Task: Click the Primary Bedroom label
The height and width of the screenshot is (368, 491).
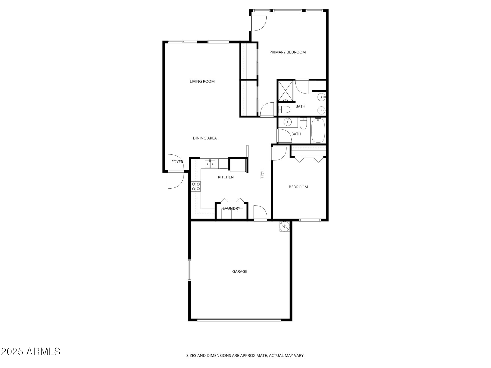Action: click(x=287, y=52)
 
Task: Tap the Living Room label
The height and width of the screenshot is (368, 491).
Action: click(x=202, y=81)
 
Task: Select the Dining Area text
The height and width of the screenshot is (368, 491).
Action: click(x=205, y=138)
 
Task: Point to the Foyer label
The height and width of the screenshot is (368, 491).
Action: click(x=177, y=162)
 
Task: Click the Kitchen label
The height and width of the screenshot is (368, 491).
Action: click(x=226, y=177)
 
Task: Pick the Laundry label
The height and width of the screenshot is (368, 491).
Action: click(x=231, y=208)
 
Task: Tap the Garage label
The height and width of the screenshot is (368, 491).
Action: click(x=240, y=271)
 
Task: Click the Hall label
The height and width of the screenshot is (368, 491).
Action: click(x=262, y=174)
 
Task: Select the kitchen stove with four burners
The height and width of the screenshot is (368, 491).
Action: click(x=196, y=186)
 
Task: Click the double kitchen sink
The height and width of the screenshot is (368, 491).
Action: click(x=210, y=164)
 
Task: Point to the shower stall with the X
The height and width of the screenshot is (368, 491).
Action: click(x=285, y=90)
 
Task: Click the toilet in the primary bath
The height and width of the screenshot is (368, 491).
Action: click(x=284, y=109)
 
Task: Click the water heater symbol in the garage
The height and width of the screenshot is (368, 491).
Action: click(x=284, y=226)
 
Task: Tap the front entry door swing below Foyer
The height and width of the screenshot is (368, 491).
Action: click(x=175, y=180)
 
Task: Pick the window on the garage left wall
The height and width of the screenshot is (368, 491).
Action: click(x=190, y=270)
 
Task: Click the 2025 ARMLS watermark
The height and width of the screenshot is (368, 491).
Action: click(x=30, y=351)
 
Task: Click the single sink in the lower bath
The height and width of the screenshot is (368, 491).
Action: click(x=287, y=122)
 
